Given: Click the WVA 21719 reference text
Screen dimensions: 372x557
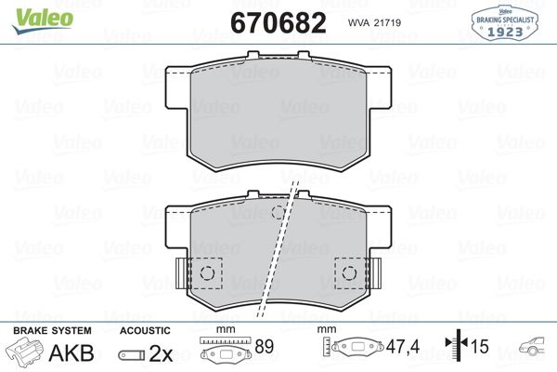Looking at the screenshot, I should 373,22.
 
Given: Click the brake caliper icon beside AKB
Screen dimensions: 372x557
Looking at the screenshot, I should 25,352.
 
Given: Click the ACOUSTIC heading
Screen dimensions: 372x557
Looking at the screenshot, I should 145,331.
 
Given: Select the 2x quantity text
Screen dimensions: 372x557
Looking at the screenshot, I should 162,352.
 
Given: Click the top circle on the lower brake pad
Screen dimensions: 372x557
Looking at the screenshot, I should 278,213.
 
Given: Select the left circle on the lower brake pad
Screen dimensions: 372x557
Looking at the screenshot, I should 208,272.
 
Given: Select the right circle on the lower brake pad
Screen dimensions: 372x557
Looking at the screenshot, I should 350,272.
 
